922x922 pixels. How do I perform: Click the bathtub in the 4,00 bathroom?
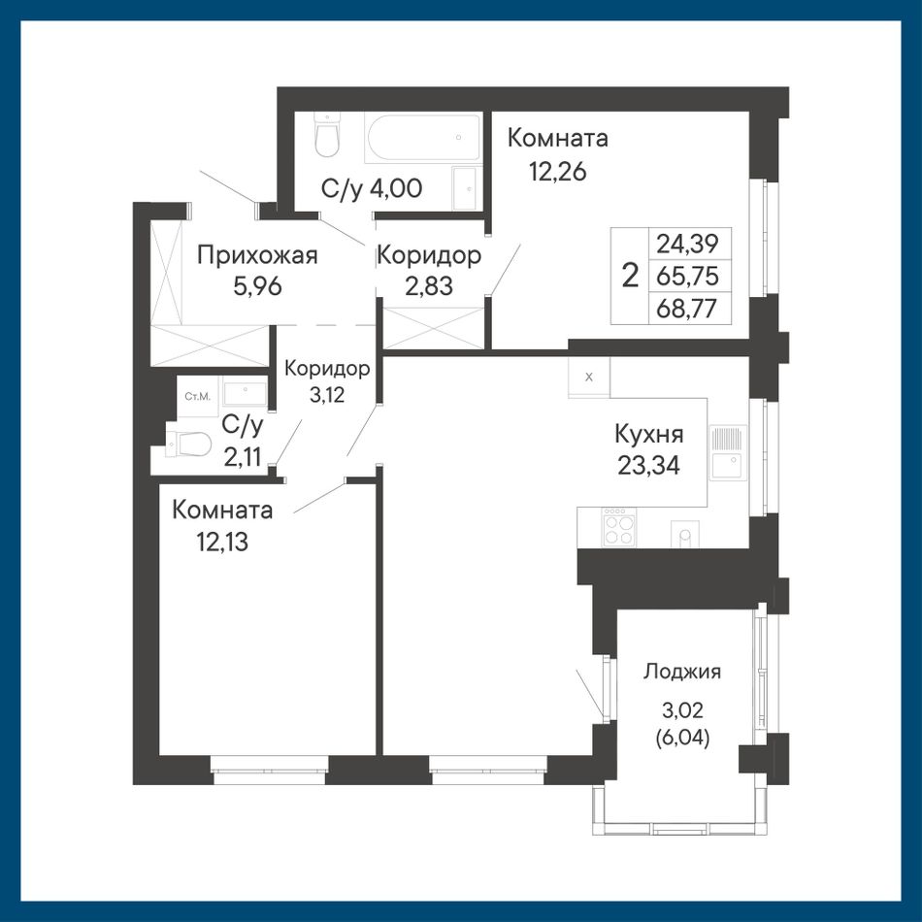[x=423, y=138]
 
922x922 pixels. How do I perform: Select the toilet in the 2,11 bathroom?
[x=188, y=444]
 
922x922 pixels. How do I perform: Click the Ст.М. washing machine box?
[x=198, y=396]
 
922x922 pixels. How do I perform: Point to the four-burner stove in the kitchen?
[x=618, y=527]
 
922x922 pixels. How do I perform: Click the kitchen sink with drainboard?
[x=728, y=453]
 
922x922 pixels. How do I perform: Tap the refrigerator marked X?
[x=589, y=378]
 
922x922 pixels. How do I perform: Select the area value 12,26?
[x=557, y=172]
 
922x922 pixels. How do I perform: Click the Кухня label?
[x=649, y=435]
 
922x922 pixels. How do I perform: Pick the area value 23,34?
[x=649, y=466]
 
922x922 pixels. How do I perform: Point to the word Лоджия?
[x=682, y=672]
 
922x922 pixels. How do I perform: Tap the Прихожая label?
[x=257, y=256]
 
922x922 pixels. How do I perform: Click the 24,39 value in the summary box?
[x=687, y=243]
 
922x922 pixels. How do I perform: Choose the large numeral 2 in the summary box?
[x=630, y=276]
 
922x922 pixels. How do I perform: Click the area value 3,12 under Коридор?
[x=327, y=395]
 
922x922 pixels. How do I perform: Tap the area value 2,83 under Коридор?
[x=429, y=286]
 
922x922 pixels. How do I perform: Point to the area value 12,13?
[x=223, y=542]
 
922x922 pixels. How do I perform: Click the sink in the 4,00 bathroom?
[x=466, y=187]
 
